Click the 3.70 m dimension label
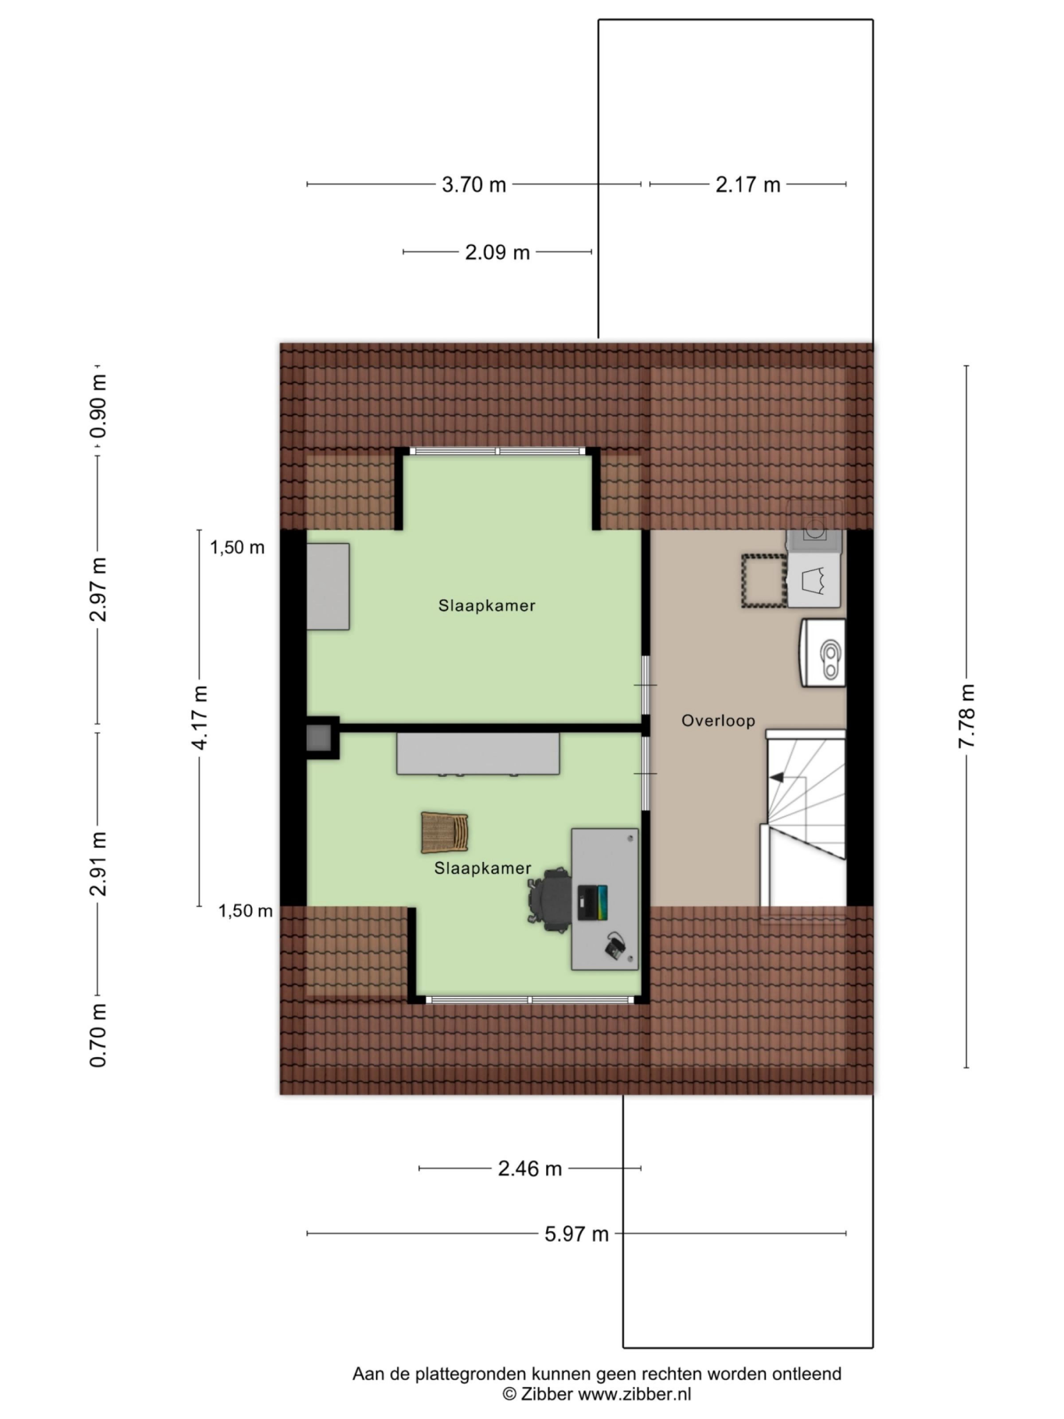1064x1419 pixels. pyautogui.click(x=473, y=185)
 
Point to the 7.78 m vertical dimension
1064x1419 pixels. pyautogui.click(x=966, y=715)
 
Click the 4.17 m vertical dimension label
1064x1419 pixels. pyautogui.click(x=200, y=717)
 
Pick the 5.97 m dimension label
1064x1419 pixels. pyautogui.click(x=576, y=1234)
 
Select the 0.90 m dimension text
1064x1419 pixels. pyautogui.click(x=98, y=407)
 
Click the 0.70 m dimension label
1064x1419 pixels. pyautogui.click(x=98, y=1035)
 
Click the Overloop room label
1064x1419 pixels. pyautogui.click(x=718, y=721)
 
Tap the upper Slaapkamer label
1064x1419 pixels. pyautogui.click(x=486, y=606)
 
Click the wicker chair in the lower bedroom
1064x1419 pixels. pyautogui.click(x=444, y=833)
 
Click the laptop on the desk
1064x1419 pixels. pyautogui.click(x=592, y=902)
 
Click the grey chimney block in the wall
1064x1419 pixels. pyautogui.click(x=319, y=738)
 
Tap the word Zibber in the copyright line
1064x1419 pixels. pyautogui.click(x=547, y=1393)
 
